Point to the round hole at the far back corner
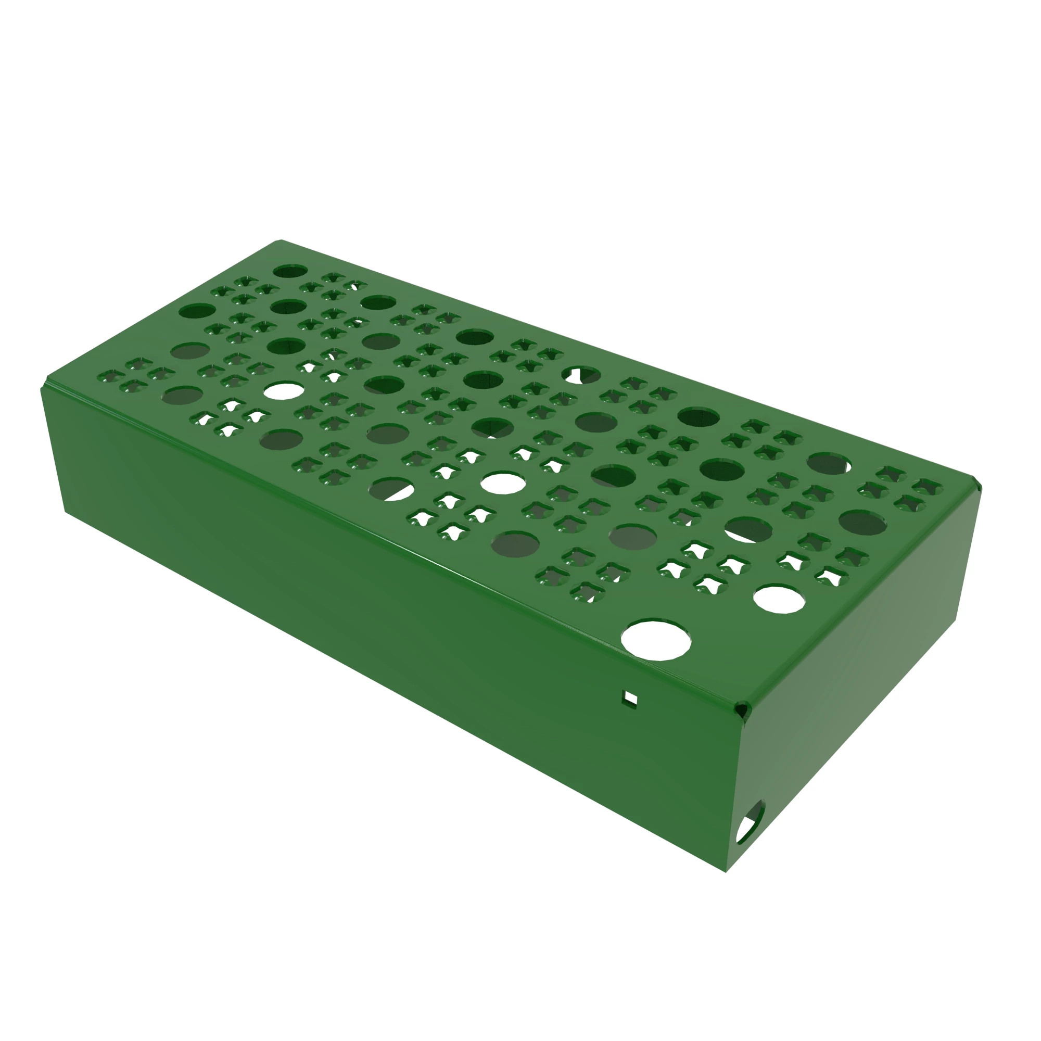(290, 271)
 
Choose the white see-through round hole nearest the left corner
(284, 391)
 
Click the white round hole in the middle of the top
(503, 483)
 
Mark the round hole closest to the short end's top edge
(862, 523)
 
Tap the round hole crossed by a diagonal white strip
(392, 489)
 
